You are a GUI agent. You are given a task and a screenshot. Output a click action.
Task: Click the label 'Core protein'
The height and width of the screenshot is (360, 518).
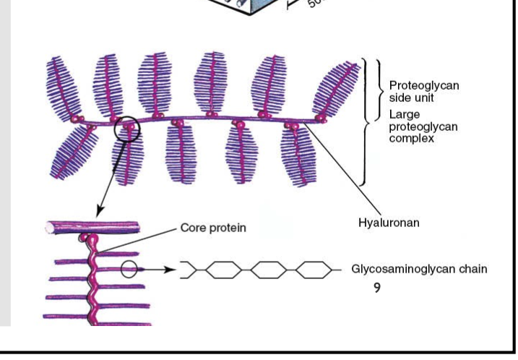click(x=212, y=228)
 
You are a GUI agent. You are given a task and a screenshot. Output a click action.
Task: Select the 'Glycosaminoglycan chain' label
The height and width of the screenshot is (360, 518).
click(x=419, y=269)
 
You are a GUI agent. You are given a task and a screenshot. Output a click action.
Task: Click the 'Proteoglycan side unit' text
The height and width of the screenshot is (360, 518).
click(x=423, y=91)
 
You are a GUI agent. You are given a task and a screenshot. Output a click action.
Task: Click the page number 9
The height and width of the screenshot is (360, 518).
click(x=376, y=287)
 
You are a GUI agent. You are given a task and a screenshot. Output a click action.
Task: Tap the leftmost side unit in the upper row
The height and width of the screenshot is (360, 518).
click(x=63, y=90)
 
